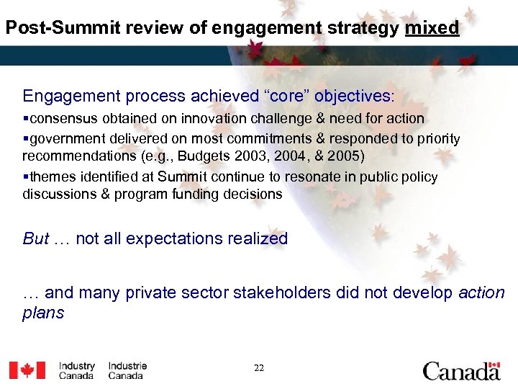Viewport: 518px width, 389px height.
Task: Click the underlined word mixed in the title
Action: coord(432,28)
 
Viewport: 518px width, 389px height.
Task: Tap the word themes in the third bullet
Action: coord(50,176)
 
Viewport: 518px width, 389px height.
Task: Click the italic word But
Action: coord(36,238)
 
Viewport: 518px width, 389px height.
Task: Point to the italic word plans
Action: coord(43,313)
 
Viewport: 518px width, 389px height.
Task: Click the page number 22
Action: coord(259,368)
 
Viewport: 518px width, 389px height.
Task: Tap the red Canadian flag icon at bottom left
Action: coord(27,370)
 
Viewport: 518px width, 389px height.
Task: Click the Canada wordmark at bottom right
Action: coord(461,370)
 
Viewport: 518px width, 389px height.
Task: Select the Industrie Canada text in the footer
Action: coord(127,370)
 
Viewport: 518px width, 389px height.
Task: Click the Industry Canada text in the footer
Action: coord(77,370)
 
